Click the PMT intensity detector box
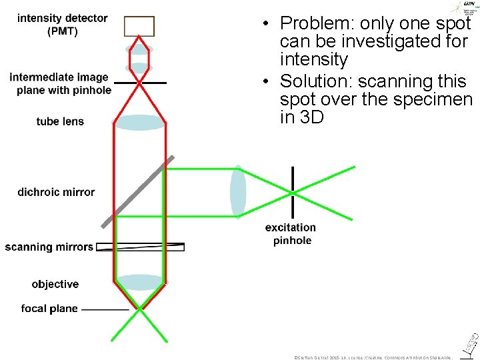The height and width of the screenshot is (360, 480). point(139,26)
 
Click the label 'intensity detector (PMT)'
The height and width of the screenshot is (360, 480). point(62,25)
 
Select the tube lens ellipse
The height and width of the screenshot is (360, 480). point(139,123)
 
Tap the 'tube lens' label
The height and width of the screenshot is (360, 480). point(60,121)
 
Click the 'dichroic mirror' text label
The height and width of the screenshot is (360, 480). point(56,192)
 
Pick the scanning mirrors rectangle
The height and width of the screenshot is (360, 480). point(140,247)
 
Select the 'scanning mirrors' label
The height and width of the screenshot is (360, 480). point(49,247)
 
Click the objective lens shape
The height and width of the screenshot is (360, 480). point(140,283)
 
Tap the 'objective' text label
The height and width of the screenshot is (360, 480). point(55,284)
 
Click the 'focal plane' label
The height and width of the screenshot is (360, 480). point(49,309)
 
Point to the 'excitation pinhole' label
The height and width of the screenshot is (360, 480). point(291,234)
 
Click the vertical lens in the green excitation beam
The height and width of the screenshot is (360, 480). point(238,192)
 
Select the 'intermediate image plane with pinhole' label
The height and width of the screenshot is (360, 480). point(59,83)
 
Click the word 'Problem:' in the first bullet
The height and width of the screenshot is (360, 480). point(317,24)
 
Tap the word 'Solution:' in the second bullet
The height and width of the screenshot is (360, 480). point(317,81)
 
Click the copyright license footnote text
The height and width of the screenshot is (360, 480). point(373,357)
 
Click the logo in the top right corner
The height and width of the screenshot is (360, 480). point(463,8)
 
